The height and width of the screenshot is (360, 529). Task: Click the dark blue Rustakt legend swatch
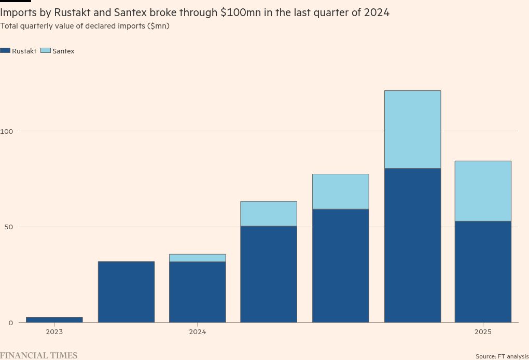coord(5,51)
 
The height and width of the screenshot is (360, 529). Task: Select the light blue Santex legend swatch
coord(46,51)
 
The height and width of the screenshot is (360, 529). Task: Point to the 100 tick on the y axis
coord(7,131)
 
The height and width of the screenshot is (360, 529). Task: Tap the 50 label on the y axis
coord(8,227)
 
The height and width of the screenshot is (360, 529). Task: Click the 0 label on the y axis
coord(10,323)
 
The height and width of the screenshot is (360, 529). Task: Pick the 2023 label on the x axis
coord(54,332)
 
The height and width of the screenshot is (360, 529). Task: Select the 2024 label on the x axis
coord(197,332)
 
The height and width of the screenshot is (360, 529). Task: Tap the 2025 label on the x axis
coord(483,332)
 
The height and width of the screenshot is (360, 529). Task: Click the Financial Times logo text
coord(39,355)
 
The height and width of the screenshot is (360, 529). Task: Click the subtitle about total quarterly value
coord(85,26)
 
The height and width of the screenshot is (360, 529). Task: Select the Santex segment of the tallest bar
coord(412,130)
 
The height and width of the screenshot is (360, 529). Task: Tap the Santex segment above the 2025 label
coord(483,191)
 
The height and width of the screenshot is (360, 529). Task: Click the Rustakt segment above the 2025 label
coord(483,272)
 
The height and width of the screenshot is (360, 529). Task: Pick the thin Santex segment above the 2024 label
coord(197,258)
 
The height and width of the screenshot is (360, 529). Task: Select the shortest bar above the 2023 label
coord(54,320)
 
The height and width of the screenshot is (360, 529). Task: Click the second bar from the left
coord(126,292)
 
